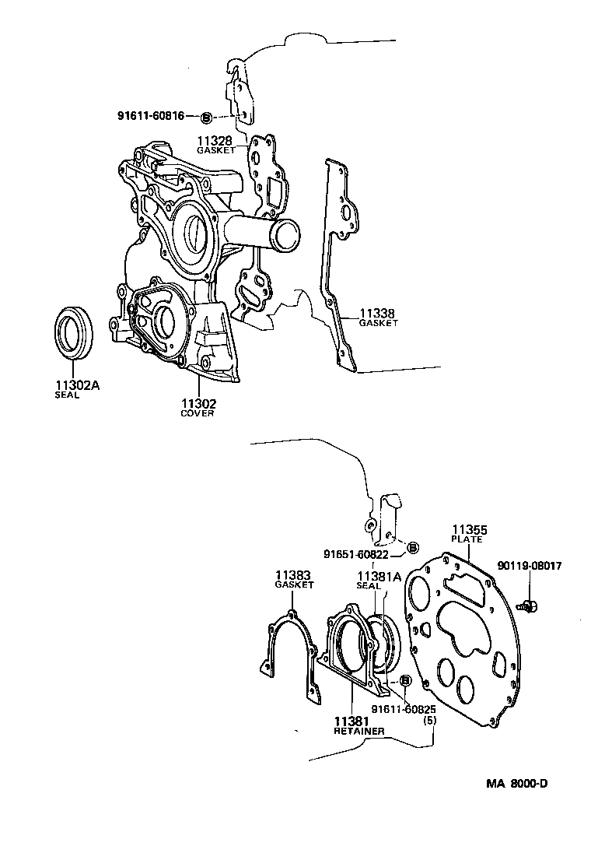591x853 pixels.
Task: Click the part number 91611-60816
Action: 150,116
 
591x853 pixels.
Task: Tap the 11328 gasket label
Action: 215,144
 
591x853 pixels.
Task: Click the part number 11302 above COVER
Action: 198,403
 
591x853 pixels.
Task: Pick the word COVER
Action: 198,414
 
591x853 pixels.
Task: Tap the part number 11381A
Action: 379,577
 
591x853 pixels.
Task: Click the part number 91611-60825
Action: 403,709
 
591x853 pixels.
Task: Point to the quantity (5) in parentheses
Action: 428,720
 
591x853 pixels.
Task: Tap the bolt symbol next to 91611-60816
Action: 206,117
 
